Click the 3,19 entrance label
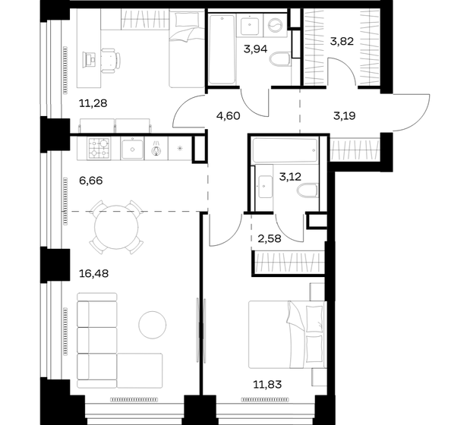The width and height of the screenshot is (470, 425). [x=345, y=115]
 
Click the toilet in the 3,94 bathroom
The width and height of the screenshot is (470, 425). [x=279, y=59]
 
